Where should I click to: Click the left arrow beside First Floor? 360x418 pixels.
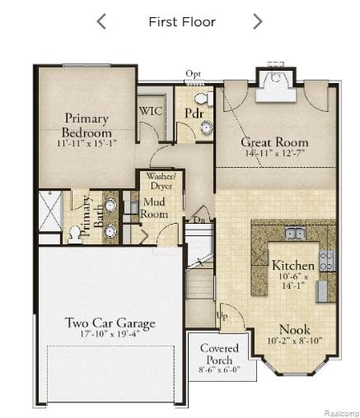[101, 21]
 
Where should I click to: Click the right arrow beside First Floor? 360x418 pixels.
[257, 21]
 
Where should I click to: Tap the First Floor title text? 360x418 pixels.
[181, 21]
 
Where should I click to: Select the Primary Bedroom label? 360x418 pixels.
[86, 126]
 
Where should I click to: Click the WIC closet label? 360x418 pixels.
[149, 110]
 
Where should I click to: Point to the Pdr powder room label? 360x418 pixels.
[194, 111]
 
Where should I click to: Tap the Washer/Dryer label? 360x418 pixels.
[160, 181]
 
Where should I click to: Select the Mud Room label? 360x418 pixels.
[155, 207]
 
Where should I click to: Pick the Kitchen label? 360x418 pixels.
[293, 266]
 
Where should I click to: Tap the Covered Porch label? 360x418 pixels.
[220, 354]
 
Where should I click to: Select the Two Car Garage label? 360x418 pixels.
[110, 323]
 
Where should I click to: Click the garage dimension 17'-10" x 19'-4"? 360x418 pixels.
[110, 336]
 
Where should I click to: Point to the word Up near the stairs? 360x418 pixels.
[221, 316]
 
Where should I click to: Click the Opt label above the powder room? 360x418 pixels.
[193, 74]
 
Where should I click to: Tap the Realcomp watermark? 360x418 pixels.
[340, 412]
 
